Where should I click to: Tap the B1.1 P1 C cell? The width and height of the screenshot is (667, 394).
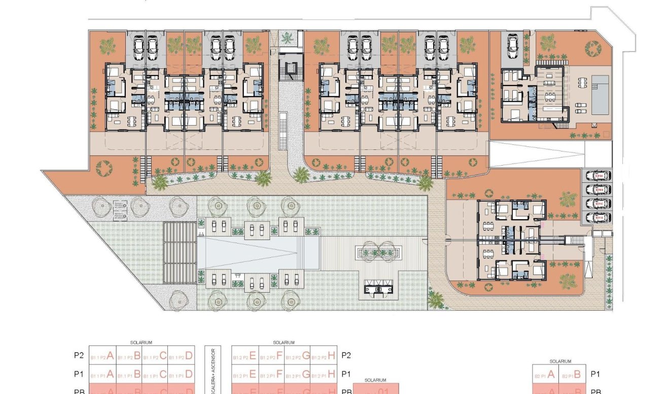coord(155,375)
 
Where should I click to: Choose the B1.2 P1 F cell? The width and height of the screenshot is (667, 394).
coord(271,375)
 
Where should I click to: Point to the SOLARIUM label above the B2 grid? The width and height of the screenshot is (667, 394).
coord(560,361)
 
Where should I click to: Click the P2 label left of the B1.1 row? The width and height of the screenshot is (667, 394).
coord(79,356)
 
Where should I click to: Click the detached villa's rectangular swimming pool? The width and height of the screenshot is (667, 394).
coord(602,95)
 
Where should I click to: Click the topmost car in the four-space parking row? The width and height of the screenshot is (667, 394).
coord(598,176)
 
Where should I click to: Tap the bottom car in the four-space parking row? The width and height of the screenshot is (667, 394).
coord(598,218)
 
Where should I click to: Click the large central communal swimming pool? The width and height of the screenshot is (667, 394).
coord(259,253)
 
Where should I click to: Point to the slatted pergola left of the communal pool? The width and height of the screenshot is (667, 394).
coord(179,254)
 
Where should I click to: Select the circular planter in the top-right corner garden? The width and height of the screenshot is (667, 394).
coord(592,48)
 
